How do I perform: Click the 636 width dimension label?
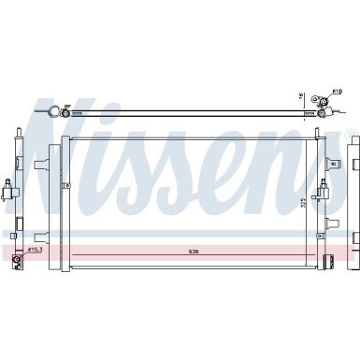click(193, 251)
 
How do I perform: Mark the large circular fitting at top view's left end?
click(57, 113)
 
